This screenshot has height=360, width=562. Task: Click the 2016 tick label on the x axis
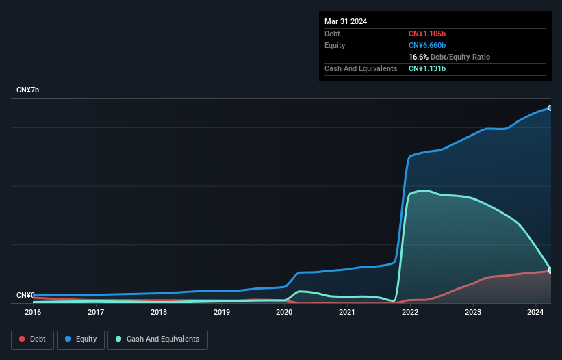pos(33,313)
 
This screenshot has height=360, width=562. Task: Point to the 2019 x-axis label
pos(222,313)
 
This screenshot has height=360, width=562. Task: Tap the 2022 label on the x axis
pos(410,313)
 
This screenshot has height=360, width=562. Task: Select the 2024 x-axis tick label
pos(536,313)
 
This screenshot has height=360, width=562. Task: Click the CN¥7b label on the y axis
pos(28,90)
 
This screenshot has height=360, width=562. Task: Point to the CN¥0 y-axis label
pos(25,296)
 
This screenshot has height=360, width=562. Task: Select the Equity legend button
pos(81,339)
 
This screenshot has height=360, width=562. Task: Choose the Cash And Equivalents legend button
pos(157,339)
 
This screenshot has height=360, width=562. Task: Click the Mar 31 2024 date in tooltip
pos(346,21)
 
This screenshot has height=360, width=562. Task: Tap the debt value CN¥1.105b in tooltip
pos(428,34)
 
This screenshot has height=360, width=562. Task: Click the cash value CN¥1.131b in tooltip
pos(428,68)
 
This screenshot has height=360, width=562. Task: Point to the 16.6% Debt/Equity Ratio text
pos(449,57)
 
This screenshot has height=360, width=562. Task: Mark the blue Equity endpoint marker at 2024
pos(550,108)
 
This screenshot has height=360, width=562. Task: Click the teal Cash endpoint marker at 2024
pos(550,270)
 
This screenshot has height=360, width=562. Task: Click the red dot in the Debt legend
pos(22,339)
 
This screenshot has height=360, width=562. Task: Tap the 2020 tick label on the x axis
pos(284,313)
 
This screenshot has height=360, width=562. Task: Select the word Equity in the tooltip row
pos(335,45)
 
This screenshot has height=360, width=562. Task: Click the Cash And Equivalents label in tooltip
pos(361,68)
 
